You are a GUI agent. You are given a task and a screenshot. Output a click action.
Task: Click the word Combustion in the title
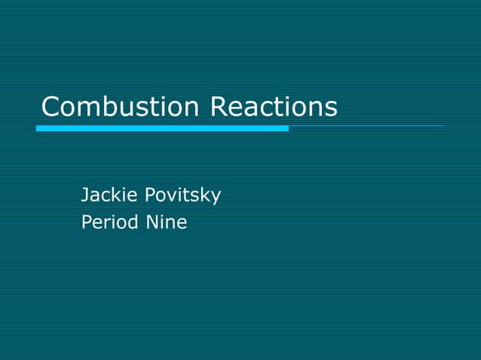120,107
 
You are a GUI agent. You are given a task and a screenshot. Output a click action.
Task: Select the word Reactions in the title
273,107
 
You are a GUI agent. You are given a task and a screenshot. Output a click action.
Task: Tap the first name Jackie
109,196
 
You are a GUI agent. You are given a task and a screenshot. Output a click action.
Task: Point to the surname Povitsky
182,196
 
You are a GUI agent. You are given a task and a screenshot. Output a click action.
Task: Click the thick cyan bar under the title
162,129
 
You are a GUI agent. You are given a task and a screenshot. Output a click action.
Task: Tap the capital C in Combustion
51,107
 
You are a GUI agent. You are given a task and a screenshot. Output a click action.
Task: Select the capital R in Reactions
219,107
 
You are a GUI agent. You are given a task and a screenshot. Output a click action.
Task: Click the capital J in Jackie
84,196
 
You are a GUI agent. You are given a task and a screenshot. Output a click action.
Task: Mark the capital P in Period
86,223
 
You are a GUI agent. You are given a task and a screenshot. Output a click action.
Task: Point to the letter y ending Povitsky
216,198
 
